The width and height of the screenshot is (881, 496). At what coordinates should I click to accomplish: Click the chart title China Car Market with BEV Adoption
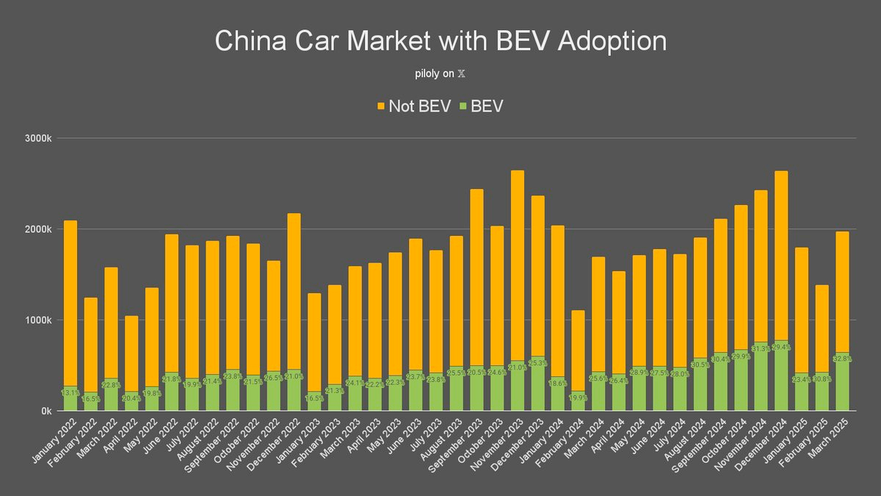click(x=440, y=41)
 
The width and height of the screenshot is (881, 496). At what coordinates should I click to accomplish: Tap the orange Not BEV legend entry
click(x=413, y=107)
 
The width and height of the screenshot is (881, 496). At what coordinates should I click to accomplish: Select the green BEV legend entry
click(x=481, y=107)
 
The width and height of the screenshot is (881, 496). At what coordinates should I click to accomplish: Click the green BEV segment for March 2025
click(x=843, y=389)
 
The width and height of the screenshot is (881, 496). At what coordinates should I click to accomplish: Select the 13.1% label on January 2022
click(x=70, y=392)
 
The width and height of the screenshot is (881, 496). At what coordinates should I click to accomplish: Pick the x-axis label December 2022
click(x=276, y=439)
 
